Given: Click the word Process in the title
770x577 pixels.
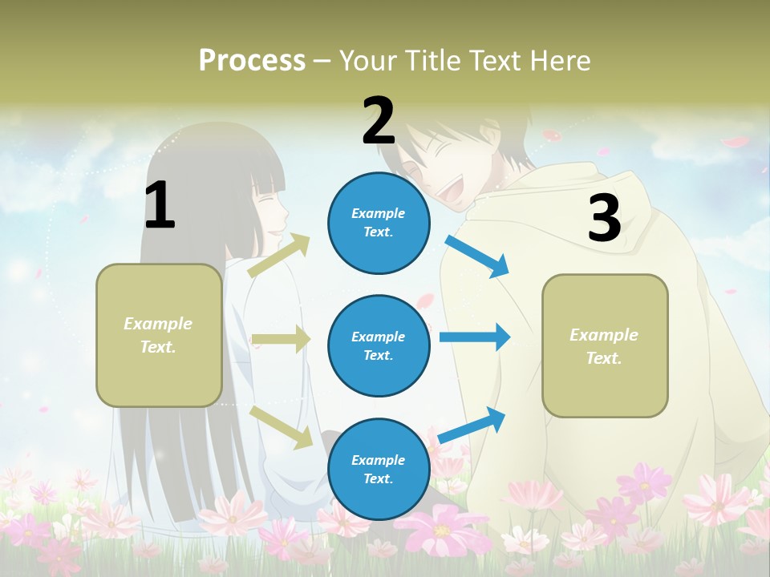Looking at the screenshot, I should click(252, 60).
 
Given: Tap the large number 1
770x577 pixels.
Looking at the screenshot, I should click(160, 206).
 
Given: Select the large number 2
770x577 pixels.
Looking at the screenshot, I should click(379, 121).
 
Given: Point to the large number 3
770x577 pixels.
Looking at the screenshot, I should click(604, 219).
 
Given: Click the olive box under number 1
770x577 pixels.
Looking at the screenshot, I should click(159, 335).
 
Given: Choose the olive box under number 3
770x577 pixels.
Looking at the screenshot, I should click(605, 345).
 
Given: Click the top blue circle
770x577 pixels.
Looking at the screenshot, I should click(379, 223).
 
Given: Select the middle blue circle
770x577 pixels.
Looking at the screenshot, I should click(379, 345).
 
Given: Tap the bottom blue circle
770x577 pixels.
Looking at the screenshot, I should click(379, 469).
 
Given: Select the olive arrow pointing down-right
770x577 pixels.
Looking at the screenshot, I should click(282, 426).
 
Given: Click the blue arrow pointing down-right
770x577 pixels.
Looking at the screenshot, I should click(477, 256).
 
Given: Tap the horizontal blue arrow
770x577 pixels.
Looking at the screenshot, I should click(474, 337).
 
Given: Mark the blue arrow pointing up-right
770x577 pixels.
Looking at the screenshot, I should click(472, 426).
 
